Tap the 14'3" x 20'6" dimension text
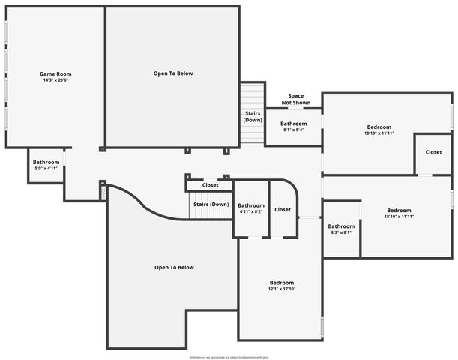[55, 80]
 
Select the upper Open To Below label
[173, 73]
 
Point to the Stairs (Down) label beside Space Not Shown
[253, 116]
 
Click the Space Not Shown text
[296, 99]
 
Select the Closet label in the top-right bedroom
[433, 152]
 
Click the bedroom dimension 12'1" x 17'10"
[282, 289]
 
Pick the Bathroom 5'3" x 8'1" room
[341, 229]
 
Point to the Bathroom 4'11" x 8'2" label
[251, 208]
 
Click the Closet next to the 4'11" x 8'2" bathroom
[283, 210]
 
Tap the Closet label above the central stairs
[210, 185]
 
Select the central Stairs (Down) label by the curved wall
[211, 205]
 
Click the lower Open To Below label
[174, 268]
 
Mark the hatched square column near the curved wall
[103, 193]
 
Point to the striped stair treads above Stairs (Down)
[253, 95]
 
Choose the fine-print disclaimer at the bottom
[229, 356]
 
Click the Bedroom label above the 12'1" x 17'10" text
[282, 283]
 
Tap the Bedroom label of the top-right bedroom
[379, 127]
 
